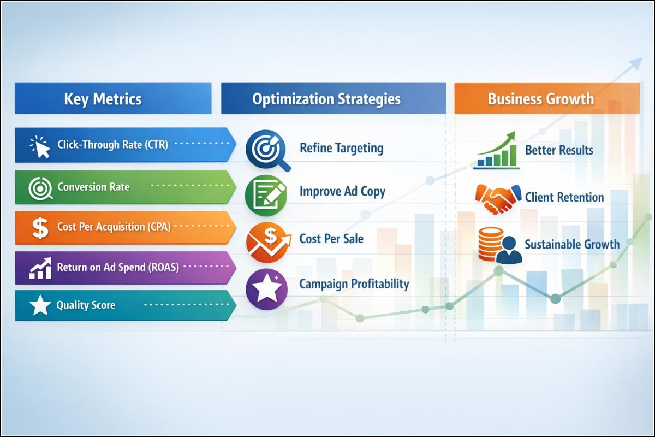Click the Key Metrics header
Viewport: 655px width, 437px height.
pyautogui.click(x=103, y=99)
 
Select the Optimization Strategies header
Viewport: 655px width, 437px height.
pyautogui.click(x=326, y=99)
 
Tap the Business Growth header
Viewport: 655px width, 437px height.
pyautogui.click(x=540, y=99)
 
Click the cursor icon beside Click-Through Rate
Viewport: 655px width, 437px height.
pyautogui.click(x=40, y=146)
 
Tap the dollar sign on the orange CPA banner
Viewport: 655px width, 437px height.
pyautogui.click(x=40, y=227)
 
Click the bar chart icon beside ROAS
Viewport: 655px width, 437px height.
pyautogui.click(x=40, y=268)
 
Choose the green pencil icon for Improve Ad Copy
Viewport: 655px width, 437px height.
pyautogui.click(x=266, y=194)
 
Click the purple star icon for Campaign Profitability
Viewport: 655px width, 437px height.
pyautogui.click(x=267, y=287)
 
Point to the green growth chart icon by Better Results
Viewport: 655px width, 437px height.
pyautogui.click(x=496, y=150)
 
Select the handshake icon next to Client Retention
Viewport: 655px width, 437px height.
pyautogui.click(x=497, y=197)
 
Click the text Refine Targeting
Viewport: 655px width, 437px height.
pyautogui.click(x=341, y=148)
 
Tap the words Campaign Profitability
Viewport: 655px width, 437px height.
pyautogui.click(x=354, y=284)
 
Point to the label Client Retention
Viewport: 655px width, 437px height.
pyautogui.click(x=564, y=197)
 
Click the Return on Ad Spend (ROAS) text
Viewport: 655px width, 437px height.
pyautogui.click(x=118, y=268)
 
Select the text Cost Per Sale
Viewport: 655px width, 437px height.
pyautogui.click(x=331, y=239)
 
